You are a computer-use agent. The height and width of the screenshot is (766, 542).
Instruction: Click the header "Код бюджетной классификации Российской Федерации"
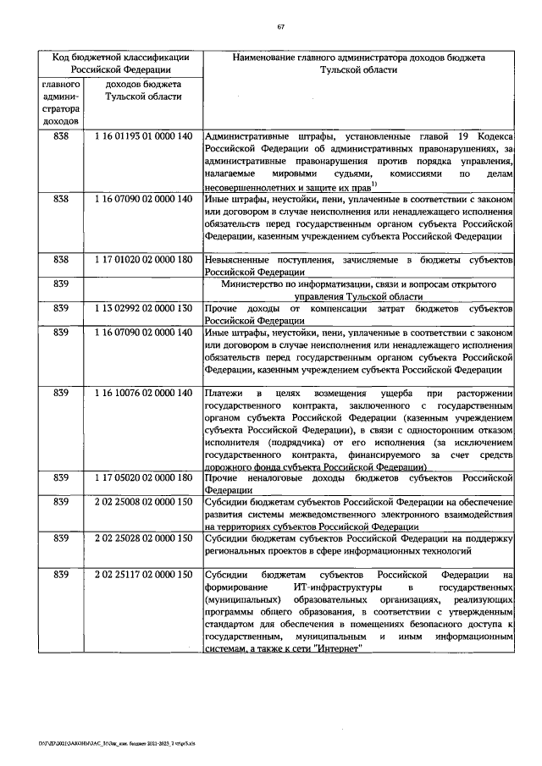tap(119, 64)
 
